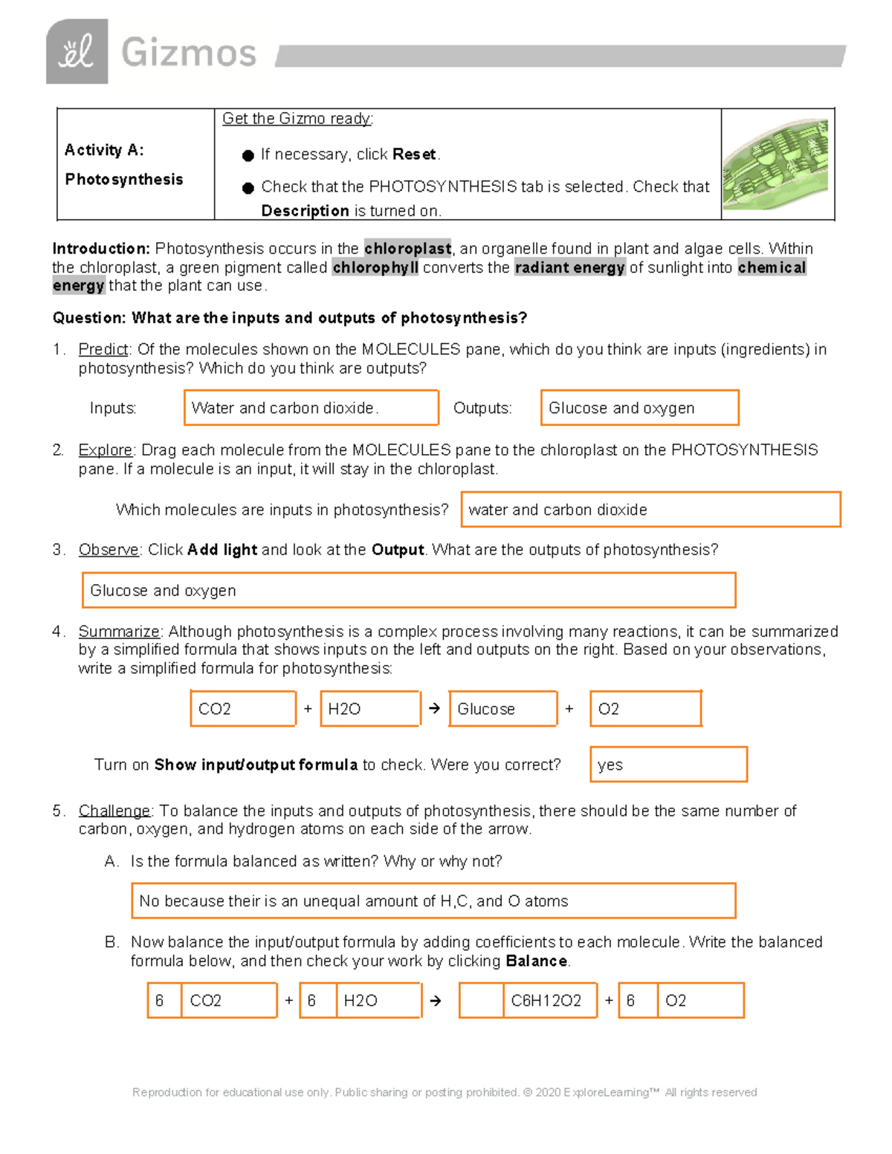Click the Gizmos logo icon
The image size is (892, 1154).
tap(77, 51)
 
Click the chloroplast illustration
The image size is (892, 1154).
tap(775, 164)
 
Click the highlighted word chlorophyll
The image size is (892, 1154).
tap(375, 268)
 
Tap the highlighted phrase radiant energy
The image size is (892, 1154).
tap(569, 268)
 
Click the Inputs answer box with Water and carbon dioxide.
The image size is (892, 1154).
tap(311, 408)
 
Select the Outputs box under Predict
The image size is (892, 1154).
tap(639, 408)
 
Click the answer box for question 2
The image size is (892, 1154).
tap(650, 510)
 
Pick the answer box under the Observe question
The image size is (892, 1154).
tap(409, 591)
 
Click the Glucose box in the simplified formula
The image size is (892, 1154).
tap(503, 709)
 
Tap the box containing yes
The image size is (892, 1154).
tap(668, 765)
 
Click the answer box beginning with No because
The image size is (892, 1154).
tap(433, 901)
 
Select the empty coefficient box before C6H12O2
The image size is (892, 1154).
tap(481, 1001)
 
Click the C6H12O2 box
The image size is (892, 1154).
tap(550, 1001)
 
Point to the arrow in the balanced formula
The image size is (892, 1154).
tap(436, 1001)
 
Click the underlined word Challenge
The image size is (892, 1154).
tap(114, 811)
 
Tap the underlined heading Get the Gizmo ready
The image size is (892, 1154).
tap(297, 119)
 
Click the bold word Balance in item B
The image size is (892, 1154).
tap(536, 961)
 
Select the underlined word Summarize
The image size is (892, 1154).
tap(119, 632)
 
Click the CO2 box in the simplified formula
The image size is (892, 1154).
tap(243, 709)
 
